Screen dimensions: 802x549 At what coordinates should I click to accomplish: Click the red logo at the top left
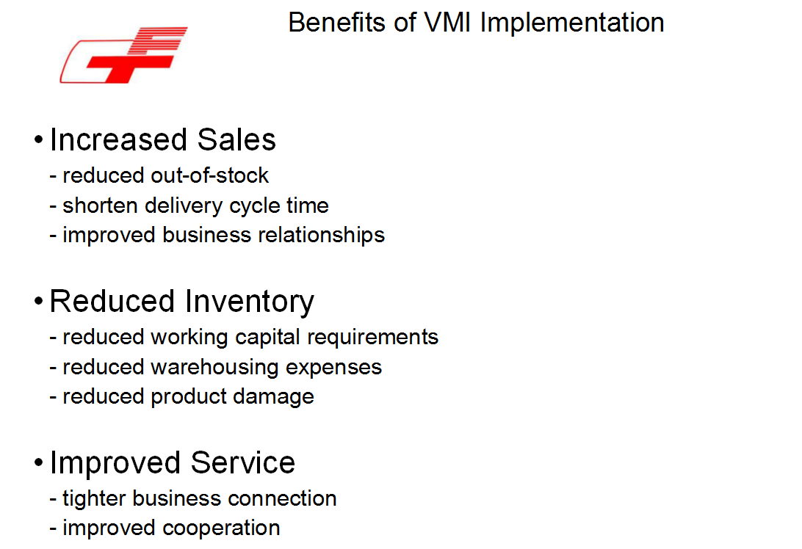pos(124,55)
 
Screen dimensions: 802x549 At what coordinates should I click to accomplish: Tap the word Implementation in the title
pos(572,23)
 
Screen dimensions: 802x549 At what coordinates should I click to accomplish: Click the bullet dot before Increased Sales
pos(39,139)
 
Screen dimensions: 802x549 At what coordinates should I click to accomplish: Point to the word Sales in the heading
pos(236,139)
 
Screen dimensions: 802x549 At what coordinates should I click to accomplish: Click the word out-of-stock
pos(210,175)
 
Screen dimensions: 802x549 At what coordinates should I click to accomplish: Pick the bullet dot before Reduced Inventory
pos(39,301)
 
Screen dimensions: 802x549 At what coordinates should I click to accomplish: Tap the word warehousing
pos(214,368)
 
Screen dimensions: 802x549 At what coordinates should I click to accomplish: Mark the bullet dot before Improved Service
pos(39,462)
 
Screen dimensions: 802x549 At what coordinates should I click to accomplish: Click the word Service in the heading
pos(243,462)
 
